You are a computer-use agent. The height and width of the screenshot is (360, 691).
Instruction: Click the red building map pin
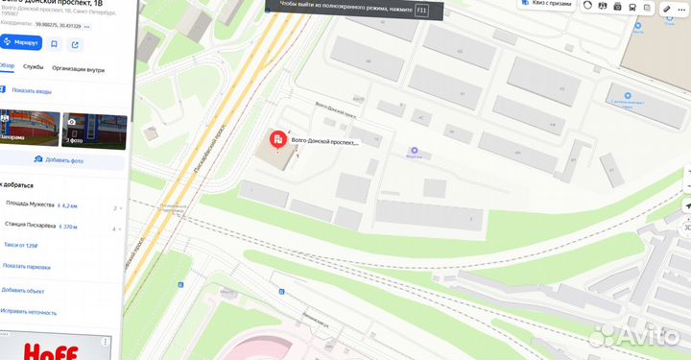tap(276, 142)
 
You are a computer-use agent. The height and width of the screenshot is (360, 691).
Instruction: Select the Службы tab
tap(34, 67)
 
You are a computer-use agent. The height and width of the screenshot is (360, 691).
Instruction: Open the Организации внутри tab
tap(79, 67)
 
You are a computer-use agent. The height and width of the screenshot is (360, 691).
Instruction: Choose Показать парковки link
tap(26, 266)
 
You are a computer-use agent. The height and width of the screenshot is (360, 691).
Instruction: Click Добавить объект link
tap(23, 290)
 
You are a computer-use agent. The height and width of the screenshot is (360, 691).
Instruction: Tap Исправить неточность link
tap(29, 311)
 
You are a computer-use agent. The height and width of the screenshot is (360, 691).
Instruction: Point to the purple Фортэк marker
tap(415, 151)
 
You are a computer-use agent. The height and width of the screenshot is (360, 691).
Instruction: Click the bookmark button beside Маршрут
tap(55, 44)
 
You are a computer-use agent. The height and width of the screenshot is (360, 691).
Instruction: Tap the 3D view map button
tap(685, 228)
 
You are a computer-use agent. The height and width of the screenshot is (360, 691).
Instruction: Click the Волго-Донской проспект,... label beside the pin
tap(324, 143)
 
